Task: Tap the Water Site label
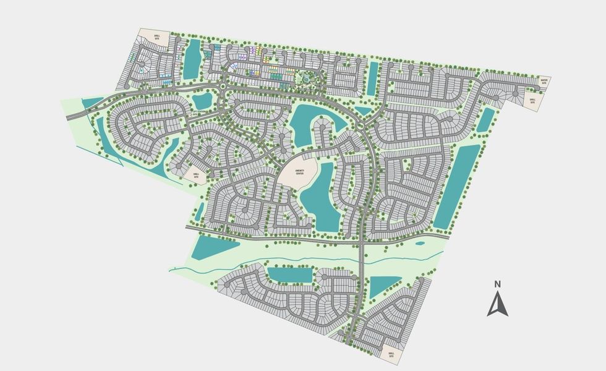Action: tap(544, 81)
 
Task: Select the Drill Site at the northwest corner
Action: tap(148, 36)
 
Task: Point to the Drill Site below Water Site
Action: tap(532, 100)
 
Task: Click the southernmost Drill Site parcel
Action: tap(391, 354)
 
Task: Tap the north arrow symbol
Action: tap(498, 304)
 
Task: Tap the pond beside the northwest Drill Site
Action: tap(192, 59)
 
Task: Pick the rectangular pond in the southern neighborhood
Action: tap(289, 275)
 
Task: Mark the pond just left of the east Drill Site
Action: tap(487, 121)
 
